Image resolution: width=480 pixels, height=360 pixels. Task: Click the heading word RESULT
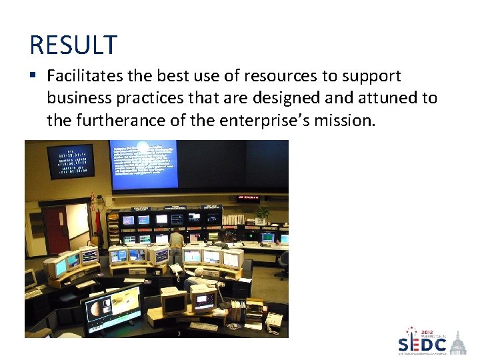click(73, 45)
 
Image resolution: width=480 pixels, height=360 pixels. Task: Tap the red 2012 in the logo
click(427, 332)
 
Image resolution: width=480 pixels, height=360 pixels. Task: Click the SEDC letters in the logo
click(422, 345)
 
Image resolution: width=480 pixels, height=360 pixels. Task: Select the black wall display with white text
click(70, 161)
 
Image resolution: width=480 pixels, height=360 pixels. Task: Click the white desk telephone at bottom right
click(274, 322)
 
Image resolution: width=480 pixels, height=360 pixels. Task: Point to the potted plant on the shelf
click(262, 213)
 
